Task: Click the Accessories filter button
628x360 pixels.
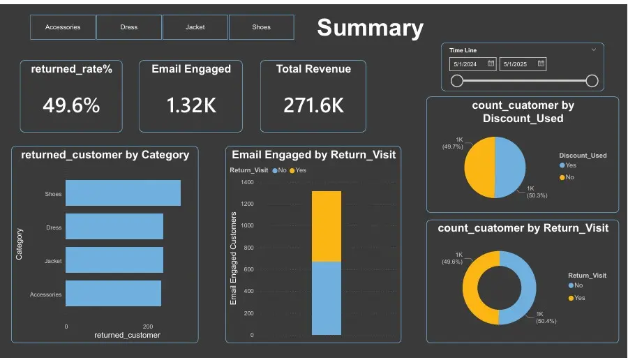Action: (63, 27)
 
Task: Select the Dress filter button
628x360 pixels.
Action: (129, 27)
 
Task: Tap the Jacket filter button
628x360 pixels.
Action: (195, 27)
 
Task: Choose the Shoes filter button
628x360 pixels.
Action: (261, 27)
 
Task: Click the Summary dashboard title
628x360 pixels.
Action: (370, 28)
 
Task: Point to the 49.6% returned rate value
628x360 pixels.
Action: (71, 105)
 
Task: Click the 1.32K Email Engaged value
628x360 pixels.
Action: (191, 105)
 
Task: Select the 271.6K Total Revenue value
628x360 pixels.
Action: (313, 105)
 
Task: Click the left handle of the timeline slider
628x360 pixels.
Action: (457, 81)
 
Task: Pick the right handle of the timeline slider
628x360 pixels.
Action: (592, 81)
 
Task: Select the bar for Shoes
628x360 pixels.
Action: (123, 193)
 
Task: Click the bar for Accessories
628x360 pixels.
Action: (113, 294)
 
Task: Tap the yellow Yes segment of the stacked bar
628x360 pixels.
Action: (327, 226)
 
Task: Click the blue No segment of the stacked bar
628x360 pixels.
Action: (327, 298)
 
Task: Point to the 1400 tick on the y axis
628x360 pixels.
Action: (247, 182)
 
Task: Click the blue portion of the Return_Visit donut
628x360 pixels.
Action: (521, 287)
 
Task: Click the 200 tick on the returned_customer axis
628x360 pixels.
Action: (148, 327)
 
